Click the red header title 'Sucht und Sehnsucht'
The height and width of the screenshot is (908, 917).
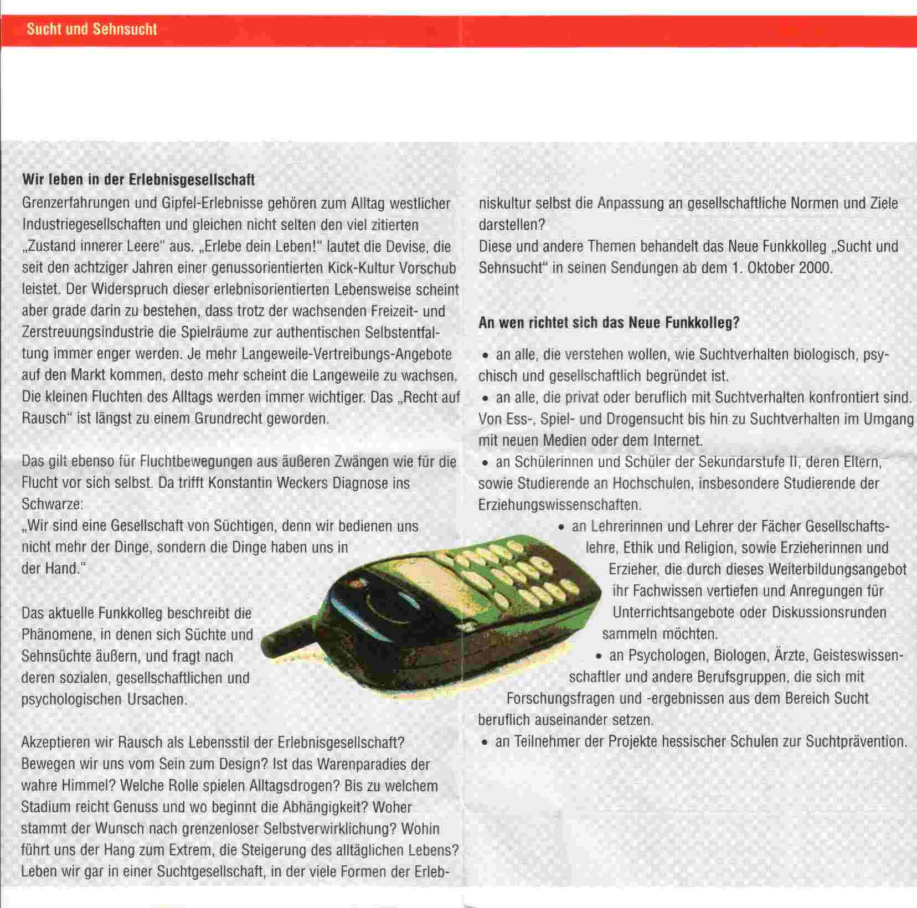[x=92, y=29]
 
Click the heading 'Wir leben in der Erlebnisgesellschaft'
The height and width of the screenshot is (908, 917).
[x=138, y=180]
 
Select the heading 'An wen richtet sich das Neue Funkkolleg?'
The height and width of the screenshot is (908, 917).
[x=609, y=323]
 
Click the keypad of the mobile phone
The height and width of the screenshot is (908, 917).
[x=515, y=570]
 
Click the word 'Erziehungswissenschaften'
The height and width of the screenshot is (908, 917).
[x=559, y=505]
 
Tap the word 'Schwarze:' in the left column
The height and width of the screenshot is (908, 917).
[x=51, y=505]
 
